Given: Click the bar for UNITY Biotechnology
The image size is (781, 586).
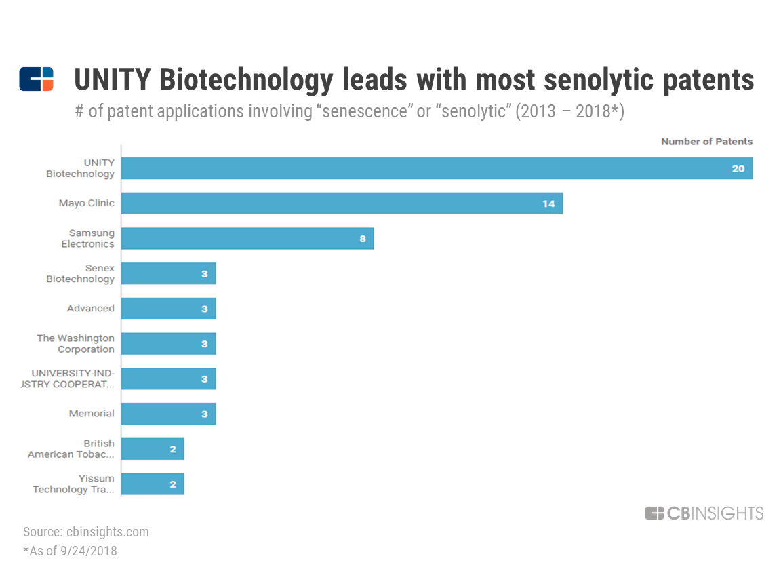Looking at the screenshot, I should pyautogui.click(x=437, y=168).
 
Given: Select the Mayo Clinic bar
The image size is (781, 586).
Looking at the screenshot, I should pyautogui.click(x=342, y=203).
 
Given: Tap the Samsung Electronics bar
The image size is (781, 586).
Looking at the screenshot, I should pyautogui.click(x=247, y=239).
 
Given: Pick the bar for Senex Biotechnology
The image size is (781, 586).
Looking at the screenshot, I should pyautogui.click(x=168, y=273).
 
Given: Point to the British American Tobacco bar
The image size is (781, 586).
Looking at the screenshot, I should pyautogui.click(x=153, y=449).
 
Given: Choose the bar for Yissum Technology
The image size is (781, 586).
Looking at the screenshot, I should pyautogui.click(x=153, y=484).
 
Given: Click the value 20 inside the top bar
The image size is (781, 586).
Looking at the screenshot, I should pyautogui.click(x=738, y=168).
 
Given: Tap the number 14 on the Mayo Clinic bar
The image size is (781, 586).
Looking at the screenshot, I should pyautogui.click(x=548, y=203).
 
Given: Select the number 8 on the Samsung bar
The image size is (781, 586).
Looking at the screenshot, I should pyautogui.click(x=363, y=239).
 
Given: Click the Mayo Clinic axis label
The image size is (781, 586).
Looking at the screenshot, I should pyautogui.click(x=87, y=203).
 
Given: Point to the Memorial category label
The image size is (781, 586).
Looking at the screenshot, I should pyautogui.click(x=92, y=414).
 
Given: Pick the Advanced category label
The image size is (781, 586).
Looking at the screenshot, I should pyautogui.click(x=91, y=309).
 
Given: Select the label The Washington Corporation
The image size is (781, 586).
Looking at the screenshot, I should pyautogui.click(x=76, y=344).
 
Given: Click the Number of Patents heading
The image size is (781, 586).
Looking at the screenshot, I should pyautogui.click(x=706, y=142).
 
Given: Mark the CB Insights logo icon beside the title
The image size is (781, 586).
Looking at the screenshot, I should pyautogui.click(x=36, y=79).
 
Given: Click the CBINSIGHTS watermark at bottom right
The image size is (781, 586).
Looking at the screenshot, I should pyautogui.click(x=704, y=513).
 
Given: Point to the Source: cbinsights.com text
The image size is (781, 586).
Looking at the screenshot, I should pyautogui.click(x=86, y=532).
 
